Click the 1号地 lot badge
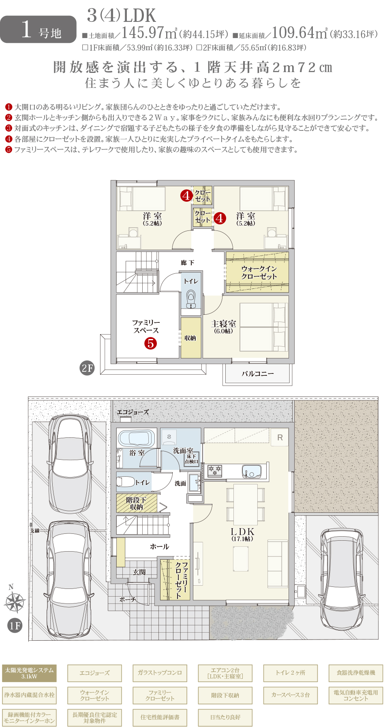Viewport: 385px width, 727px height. point(38,29)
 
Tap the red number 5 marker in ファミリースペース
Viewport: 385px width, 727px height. point(150,343)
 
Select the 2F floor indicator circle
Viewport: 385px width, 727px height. point(87,368)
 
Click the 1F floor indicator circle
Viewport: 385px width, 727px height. point(15,626)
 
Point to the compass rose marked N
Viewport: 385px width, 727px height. point(14,599)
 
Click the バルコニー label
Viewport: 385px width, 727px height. point(258,374)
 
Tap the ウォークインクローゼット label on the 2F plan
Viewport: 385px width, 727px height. point(259,273)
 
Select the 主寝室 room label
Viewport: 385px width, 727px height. point(223,326)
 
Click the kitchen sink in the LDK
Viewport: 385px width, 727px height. point(252,471)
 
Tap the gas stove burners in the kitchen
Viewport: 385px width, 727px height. point(215,471)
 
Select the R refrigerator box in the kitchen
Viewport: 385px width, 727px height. point(280,437)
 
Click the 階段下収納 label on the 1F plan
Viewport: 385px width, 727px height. point(136,503)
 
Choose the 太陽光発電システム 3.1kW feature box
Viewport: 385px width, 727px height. point(29,673)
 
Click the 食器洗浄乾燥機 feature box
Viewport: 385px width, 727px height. point(356,673)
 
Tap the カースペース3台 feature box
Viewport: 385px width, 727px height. point(291,695)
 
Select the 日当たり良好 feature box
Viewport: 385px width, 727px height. point(225,717)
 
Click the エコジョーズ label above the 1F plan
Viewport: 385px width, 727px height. point(133,412)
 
